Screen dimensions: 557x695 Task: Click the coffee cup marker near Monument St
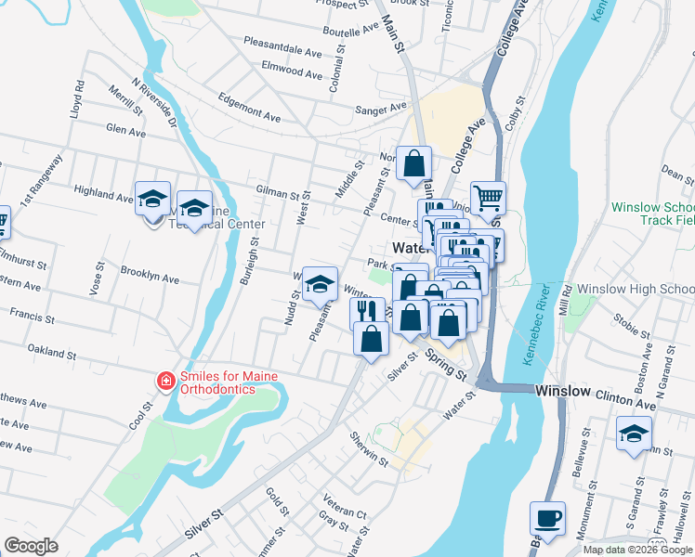547,519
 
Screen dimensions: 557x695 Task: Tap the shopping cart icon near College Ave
488,198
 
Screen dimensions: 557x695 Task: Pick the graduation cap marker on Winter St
321,283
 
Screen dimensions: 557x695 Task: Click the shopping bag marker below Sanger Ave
413,164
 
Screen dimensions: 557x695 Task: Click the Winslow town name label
563,392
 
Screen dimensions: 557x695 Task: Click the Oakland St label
51,354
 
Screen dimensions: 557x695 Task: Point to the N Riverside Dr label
154,102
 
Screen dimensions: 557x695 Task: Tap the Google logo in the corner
31,546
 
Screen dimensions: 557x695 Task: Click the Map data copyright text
637,550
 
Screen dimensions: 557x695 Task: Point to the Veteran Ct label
345,513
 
